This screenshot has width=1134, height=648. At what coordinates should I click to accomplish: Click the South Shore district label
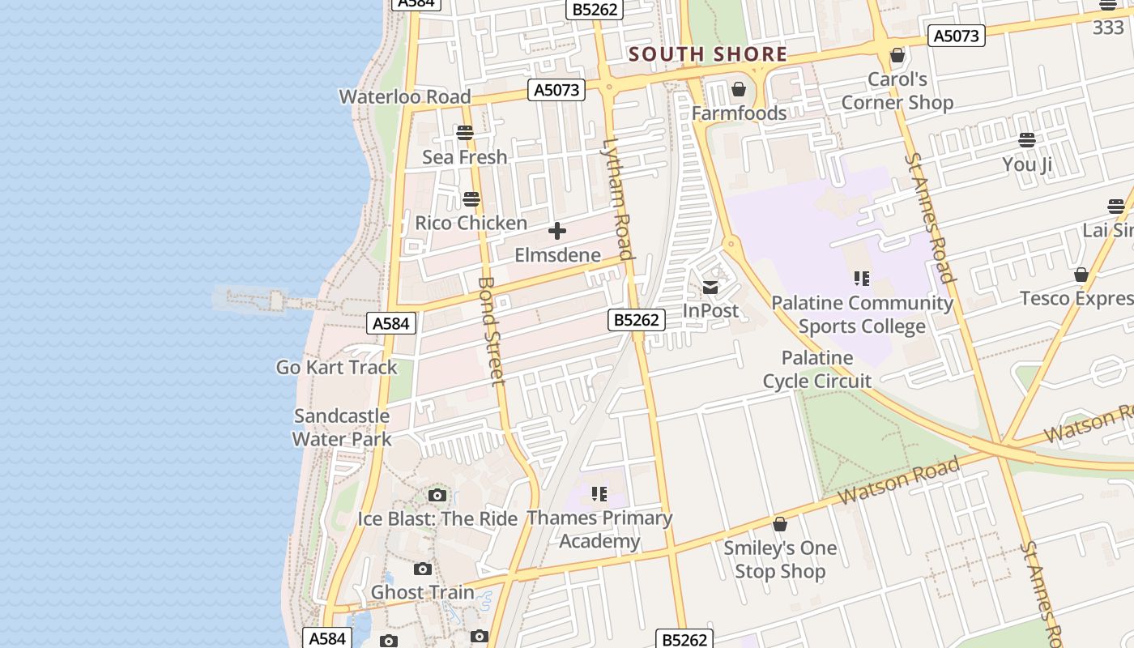coord(708,54)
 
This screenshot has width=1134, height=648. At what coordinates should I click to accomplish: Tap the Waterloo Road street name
coord(404,96)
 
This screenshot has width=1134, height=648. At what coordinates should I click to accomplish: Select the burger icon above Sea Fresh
coord(465,132)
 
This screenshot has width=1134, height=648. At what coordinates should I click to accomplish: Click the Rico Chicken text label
coord(471,223)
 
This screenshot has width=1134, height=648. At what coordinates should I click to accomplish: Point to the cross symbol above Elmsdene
coord(557,232)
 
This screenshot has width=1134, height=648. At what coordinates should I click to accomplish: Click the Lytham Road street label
coord(616,199)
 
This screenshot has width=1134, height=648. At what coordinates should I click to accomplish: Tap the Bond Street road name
coord(492,331)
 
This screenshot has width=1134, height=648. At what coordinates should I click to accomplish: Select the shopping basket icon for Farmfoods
coord(739,89)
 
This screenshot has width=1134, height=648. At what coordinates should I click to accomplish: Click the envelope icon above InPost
coord(710,287)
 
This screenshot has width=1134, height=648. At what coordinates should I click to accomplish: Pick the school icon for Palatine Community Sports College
coord(862,279)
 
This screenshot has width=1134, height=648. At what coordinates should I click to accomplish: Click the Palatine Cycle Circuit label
coord(816,369)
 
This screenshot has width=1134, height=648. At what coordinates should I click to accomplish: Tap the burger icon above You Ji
coord(1027,140)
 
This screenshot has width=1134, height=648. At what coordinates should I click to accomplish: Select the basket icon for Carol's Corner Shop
coord(897,56)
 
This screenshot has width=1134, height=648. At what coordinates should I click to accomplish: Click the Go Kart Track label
coord(337,367)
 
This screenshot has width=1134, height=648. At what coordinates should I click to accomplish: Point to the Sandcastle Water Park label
coord(342,428)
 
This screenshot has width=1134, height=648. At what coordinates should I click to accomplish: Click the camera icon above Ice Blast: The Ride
coord(437,495)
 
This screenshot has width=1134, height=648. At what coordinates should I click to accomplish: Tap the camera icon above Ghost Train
coord(423,569)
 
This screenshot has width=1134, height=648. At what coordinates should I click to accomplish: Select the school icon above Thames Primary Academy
coord(599,493)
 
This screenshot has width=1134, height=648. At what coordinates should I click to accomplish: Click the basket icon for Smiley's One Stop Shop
coord(780,525)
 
